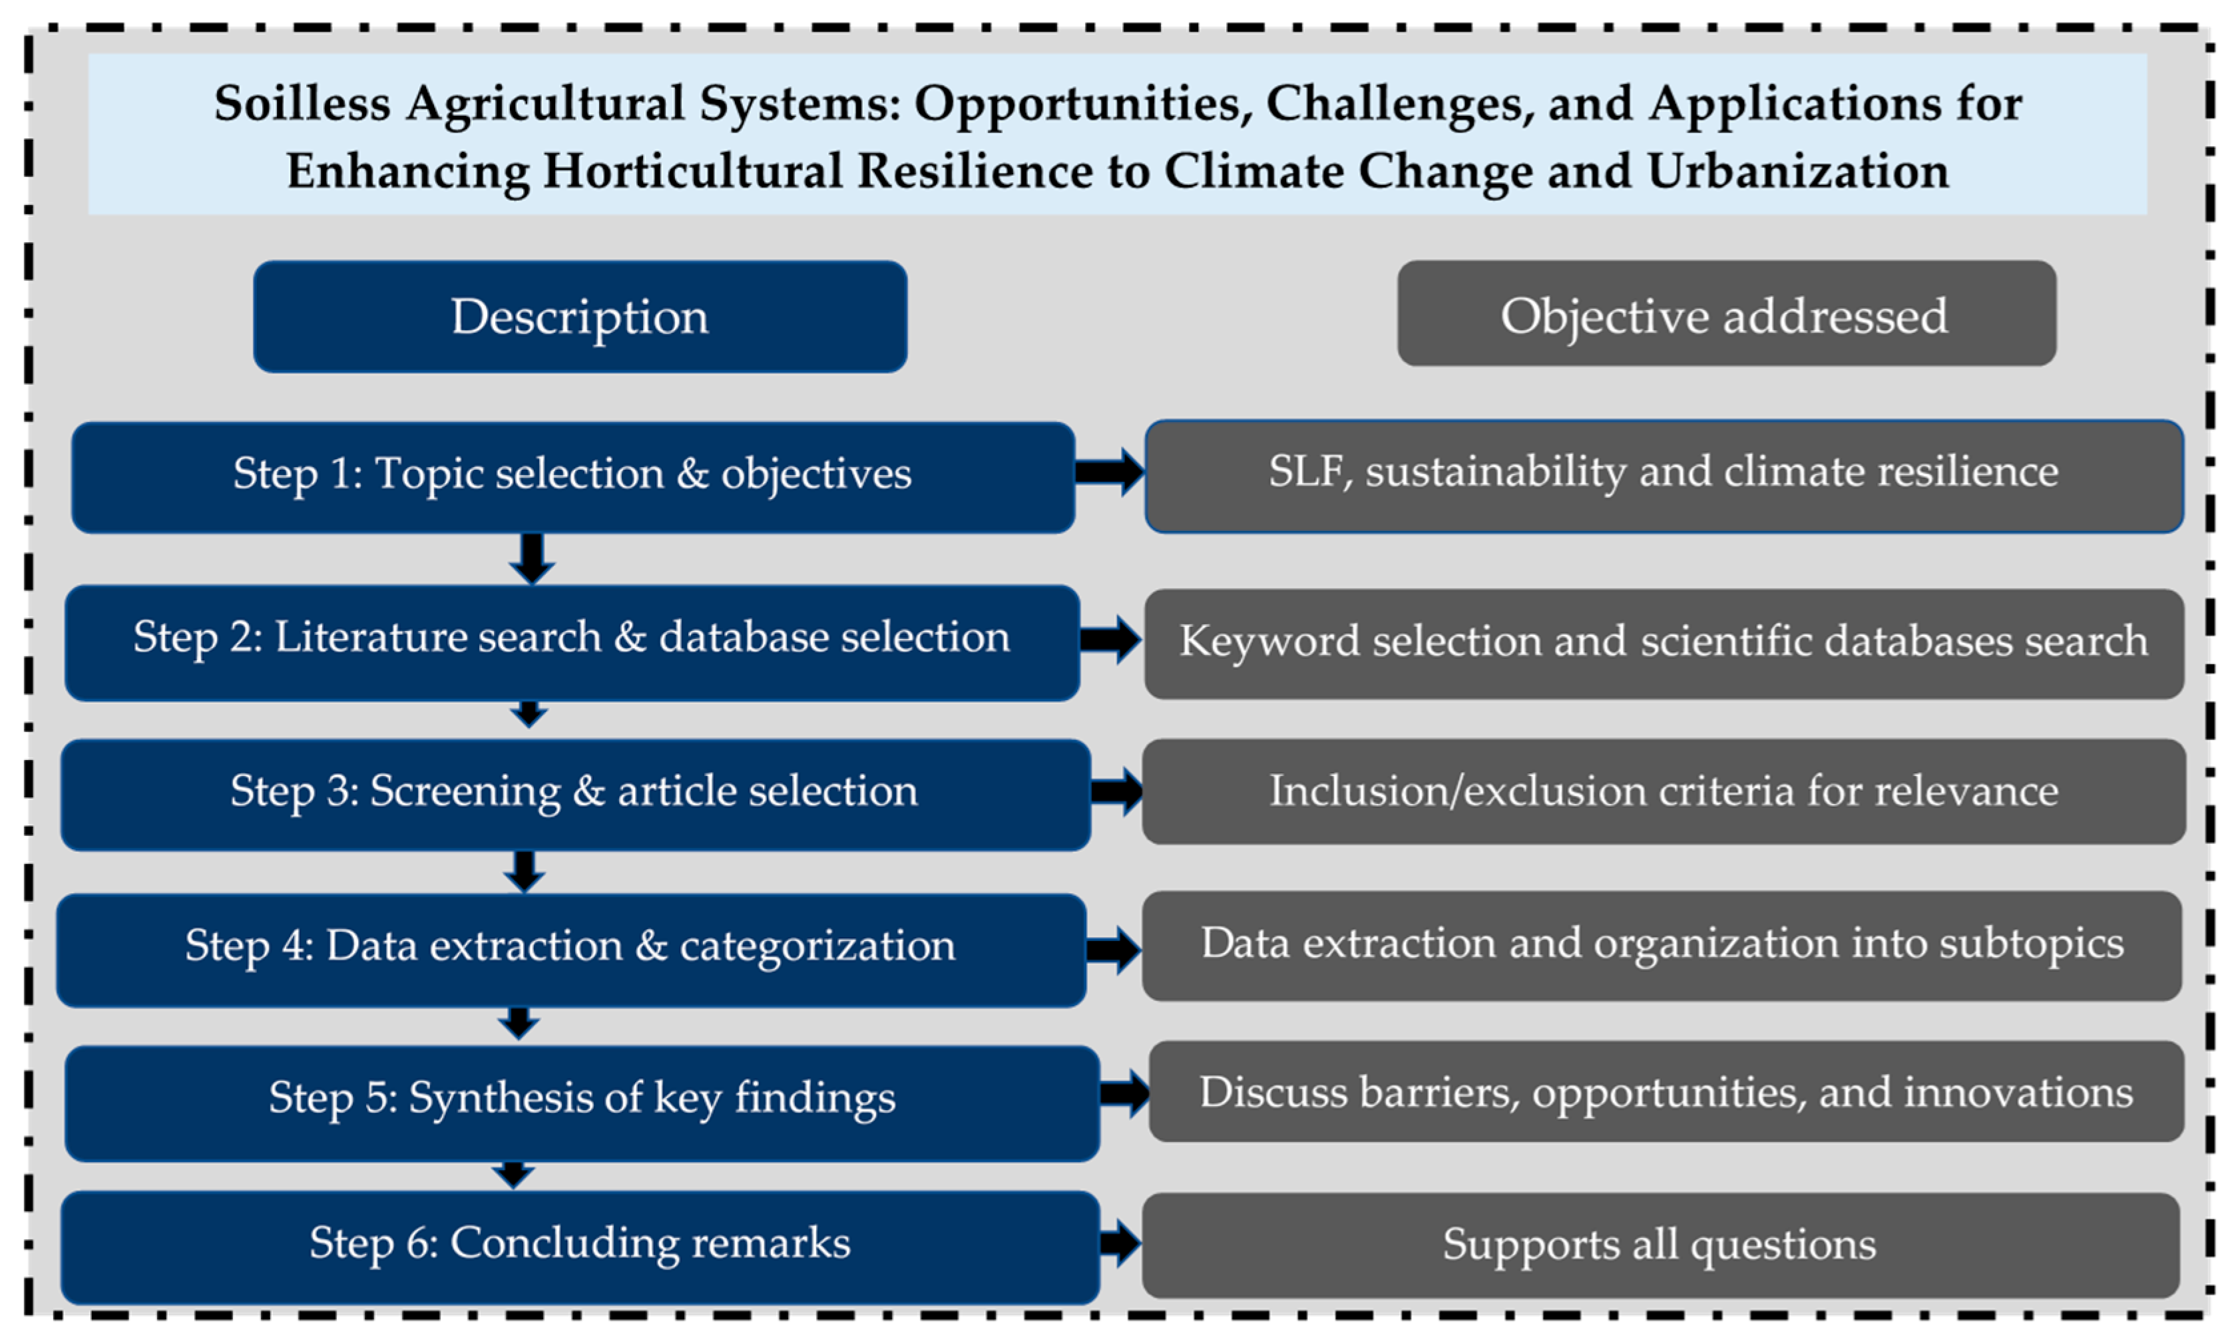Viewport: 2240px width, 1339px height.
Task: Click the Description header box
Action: coord(580,317)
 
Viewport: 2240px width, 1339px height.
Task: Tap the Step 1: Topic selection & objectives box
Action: coord(573,477)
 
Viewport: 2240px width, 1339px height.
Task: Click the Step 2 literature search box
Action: coord(572,642)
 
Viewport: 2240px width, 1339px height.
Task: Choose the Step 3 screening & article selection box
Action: coord(576,795)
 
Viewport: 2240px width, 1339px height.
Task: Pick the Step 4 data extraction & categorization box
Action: coord(571,951)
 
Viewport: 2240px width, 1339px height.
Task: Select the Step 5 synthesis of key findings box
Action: coord(582,1103)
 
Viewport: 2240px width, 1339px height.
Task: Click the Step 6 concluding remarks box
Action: coord(580,1248)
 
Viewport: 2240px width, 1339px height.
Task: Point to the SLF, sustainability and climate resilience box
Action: coord(1664,477)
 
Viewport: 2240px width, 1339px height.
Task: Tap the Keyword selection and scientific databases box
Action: coord(1664,644)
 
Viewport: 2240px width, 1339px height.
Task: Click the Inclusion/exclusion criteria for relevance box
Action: coord(1664,792)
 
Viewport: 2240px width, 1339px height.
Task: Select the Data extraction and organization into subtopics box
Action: coord(1662,946)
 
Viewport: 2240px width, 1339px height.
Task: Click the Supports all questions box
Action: coord(1661,1246)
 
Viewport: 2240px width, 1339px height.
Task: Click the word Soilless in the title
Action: coord(302,103)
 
